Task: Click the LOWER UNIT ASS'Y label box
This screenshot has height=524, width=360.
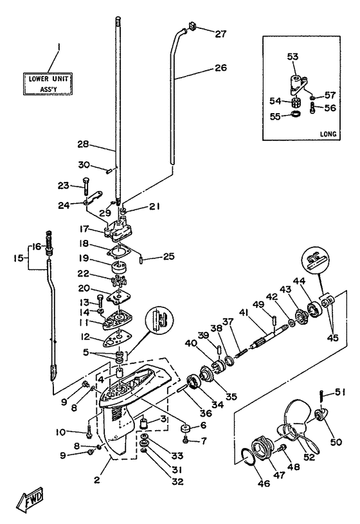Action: (x=48, y=84)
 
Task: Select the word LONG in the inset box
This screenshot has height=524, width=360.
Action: (x=328, y=134)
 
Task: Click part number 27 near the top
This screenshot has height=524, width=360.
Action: (x=221, y=33)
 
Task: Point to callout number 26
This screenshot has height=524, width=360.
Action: (x=221, y=68)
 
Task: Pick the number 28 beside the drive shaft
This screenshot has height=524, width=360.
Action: (x=83, y=144)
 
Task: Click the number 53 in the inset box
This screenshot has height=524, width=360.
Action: (x=292, y=57)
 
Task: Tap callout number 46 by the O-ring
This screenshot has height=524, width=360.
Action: (x=264, y=483)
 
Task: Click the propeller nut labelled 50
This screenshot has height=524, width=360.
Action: (x=322, y=415)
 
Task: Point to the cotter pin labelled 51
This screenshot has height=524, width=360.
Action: (x=322, y=397)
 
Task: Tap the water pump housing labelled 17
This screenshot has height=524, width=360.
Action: (x=118, y=229)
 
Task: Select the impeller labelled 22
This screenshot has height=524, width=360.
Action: (x=118, y=282)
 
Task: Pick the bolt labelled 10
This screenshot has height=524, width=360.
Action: (x=89, y=430)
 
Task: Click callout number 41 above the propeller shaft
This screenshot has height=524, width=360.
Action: (x=245, y=313)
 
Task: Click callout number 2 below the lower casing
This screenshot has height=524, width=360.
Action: (x=96, y=480)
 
